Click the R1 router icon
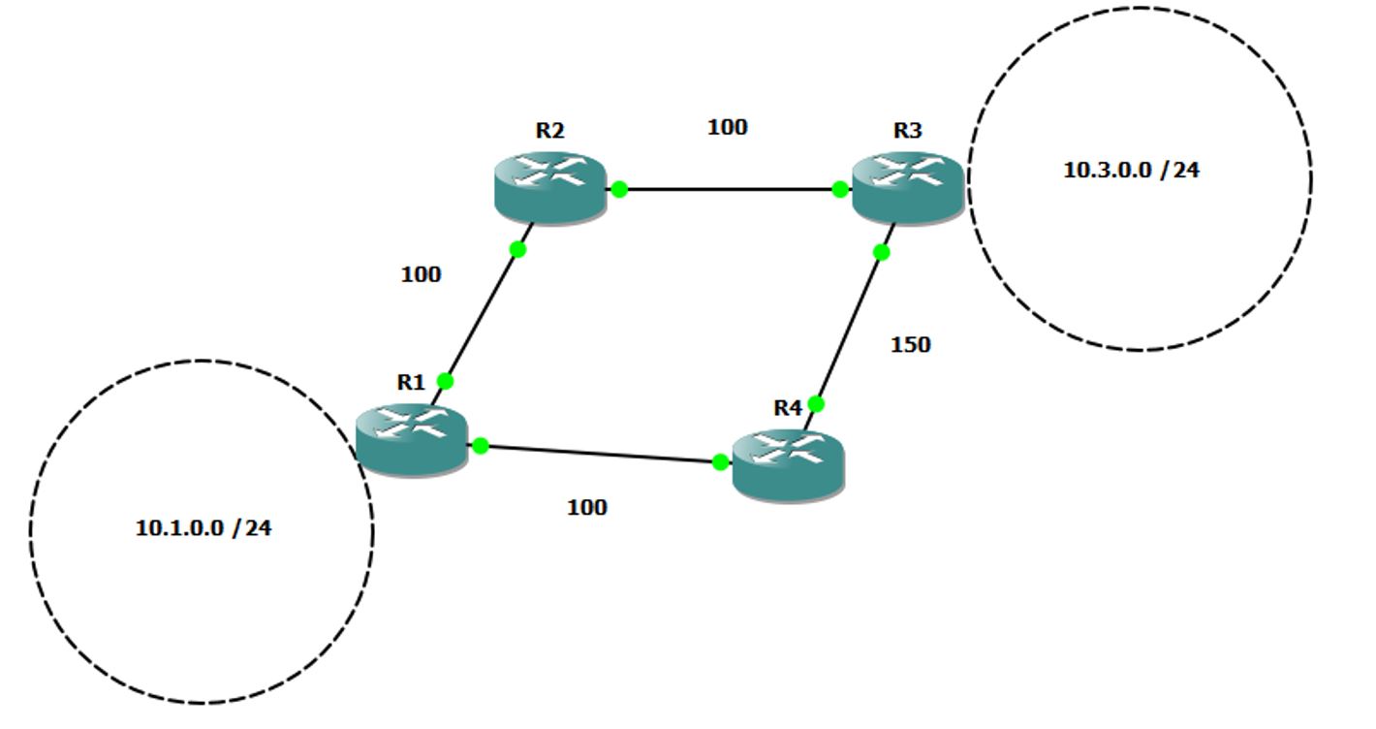pyautogui.click(x=412, y=439)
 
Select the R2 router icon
pyautogui.click(x=550, y=187)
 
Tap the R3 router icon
pyautogui.click(x=908, y=187)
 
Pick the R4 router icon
pyautogui.click(x=789, y=465)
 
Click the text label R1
pyautogui.click(x=411, y=382)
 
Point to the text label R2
pyautogui.click(x=549, y=130)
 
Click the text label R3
pyautogui.click(x=907, y=130)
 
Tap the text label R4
pyautogui.click(x=788, y=407)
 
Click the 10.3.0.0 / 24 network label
pyautogui.click(x=1131, y=171)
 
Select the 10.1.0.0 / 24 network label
pyautogui.click(x=203, y=528)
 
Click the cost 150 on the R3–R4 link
pyautogui.click(x=910, y=345)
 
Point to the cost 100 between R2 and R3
pyautogui.click(x=728, y=127)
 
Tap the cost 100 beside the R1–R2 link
pyautogui.click(x=421, y=274)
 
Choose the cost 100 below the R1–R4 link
pyautogui.click(x=586, y=507)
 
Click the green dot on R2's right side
pyautogui.click(x=619, y=189)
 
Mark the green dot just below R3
pyautogui.click(x=881, y=252)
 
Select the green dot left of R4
pyautogui.click(x=720, y=461)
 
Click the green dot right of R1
pyautogui.click(x=481, y=446)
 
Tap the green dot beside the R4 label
pyautogui.click(x=816, y=403)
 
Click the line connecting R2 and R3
pyautogui.click(x=730, y=189)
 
